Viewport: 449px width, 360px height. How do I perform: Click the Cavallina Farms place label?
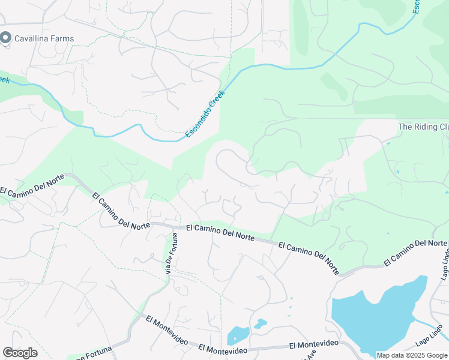[x=45, y=38]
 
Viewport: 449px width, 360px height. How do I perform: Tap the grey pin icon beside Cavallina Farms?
[x=6, y=38]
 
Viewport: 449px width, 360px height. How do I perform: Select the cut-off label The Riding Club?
[x=423, y=127]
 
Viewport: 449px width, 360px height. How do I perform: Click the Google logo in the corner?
[x=20, y=353]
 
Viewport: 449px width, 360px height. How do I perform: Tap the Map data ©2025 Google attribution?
[x=412, y=355]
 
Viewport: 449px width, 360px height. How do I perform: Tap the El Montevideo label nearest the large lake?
[x=314, y=344]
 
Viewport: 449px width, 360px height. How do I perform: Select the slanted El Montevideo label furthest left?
[x=167, y=328]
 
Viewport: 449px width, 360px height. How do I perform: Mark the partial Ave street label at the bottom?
[x=310, y=355]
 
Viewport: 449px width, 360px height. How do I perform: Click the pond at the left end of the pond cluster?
[x=238, y=335]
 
